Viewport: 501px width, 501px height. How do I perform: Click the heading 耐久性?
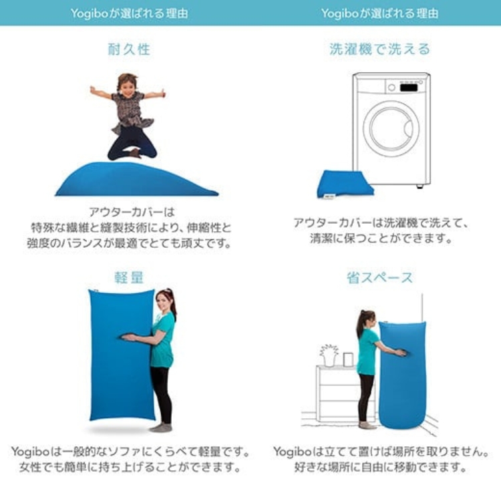(x=129, y=49)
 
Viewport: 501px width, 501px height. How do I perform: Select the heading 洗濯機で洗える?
(x=379, y=49)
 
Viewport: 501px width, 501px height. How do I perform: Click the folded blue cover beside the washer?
(x=344, y=183)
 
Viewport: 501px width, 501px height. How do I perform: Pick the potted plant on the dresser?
(x=329, y=354)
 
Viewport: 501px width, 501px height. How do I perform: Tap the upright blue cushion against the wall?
(x=402, y=377)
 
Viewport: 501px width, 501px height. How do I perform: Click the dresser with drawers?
(x=337, y=394)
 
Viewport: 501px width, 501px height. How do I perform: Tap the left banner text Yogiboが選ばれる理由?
(x=129, y=13)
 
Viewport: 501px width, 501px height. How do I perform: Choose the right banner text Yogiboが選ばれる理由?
(x=379, y=13)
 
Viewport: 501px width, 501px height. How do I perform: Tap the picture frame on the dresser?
(x=348, y=359)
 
